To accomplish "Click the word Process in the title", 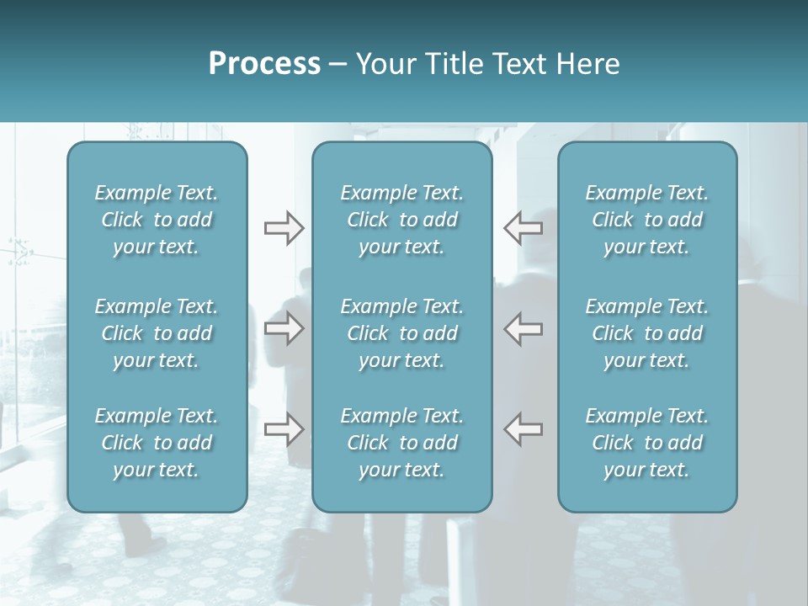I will coord(264,64).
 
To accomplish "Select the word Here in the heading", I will coord(589,64).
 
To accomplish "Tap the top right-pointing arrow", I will coord(284,228).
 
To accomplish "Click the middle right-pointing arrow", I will coord(284,328).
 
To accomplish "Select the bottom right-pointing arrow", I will coord(284,429).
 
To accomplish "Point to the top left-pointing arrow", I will coord(524,228).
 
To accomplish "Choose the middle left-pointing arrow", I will coord(524,328).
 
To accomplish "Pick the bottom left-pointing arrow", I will coord(524,429).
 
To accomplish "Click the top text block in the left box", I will coord(157,220).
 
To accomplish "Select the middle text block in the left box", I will coord(157,333).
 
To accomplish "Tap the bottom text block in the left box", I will coord(157,443).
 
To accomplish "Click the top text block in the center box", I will coord(401,220).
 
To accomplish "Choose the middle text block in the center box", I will coord(401,333).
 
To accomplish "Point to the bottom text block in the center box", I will coord(401,443).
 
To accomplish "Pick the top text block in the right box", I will coord(646,220).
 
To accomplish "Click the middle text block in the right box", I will coord(646,333).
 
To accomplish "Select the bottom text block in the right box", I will coord(646,443).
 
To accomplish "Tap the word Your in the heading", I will coord(383,64).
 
